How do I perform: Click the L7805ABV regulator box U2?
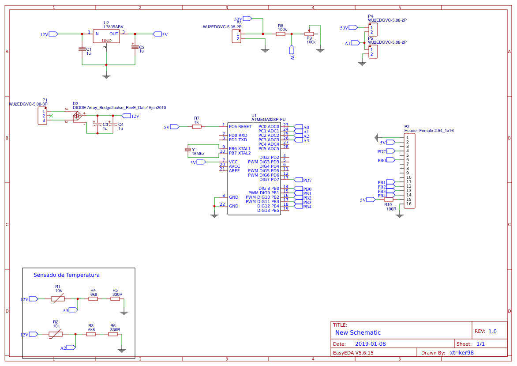(x=106, y=37)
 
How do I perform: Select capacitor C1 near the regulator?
(x=82, y=49)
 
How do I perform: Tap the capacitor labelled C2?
(x=135, y=46)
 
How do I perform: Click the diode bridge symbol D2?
(x=77, y=116)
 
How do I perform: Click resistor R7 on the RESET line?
(x=197, y=127)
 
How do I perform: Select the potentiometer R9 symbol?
(x=309, y=34)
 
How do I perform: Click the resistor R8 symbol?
(x=281, y=34)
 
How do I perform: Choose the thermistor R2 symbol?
(x=56, y=334)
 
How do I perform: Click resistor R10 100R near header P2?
(x=388, y=200)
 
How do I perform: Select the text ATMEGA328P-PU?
(x=268, y=119)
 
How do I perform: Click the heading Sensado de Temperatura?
(x=67, y=275)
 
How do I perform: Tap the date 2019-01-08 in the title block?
(x=371, y=344)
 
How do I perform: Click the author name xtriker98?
(x=461, y=353)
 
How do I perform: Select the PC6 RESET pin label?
(x=240, y=127)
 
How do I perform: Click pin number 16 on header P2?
(x=408, y=204)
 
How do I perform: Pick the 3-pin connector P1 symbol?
(x=43, y=116)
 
